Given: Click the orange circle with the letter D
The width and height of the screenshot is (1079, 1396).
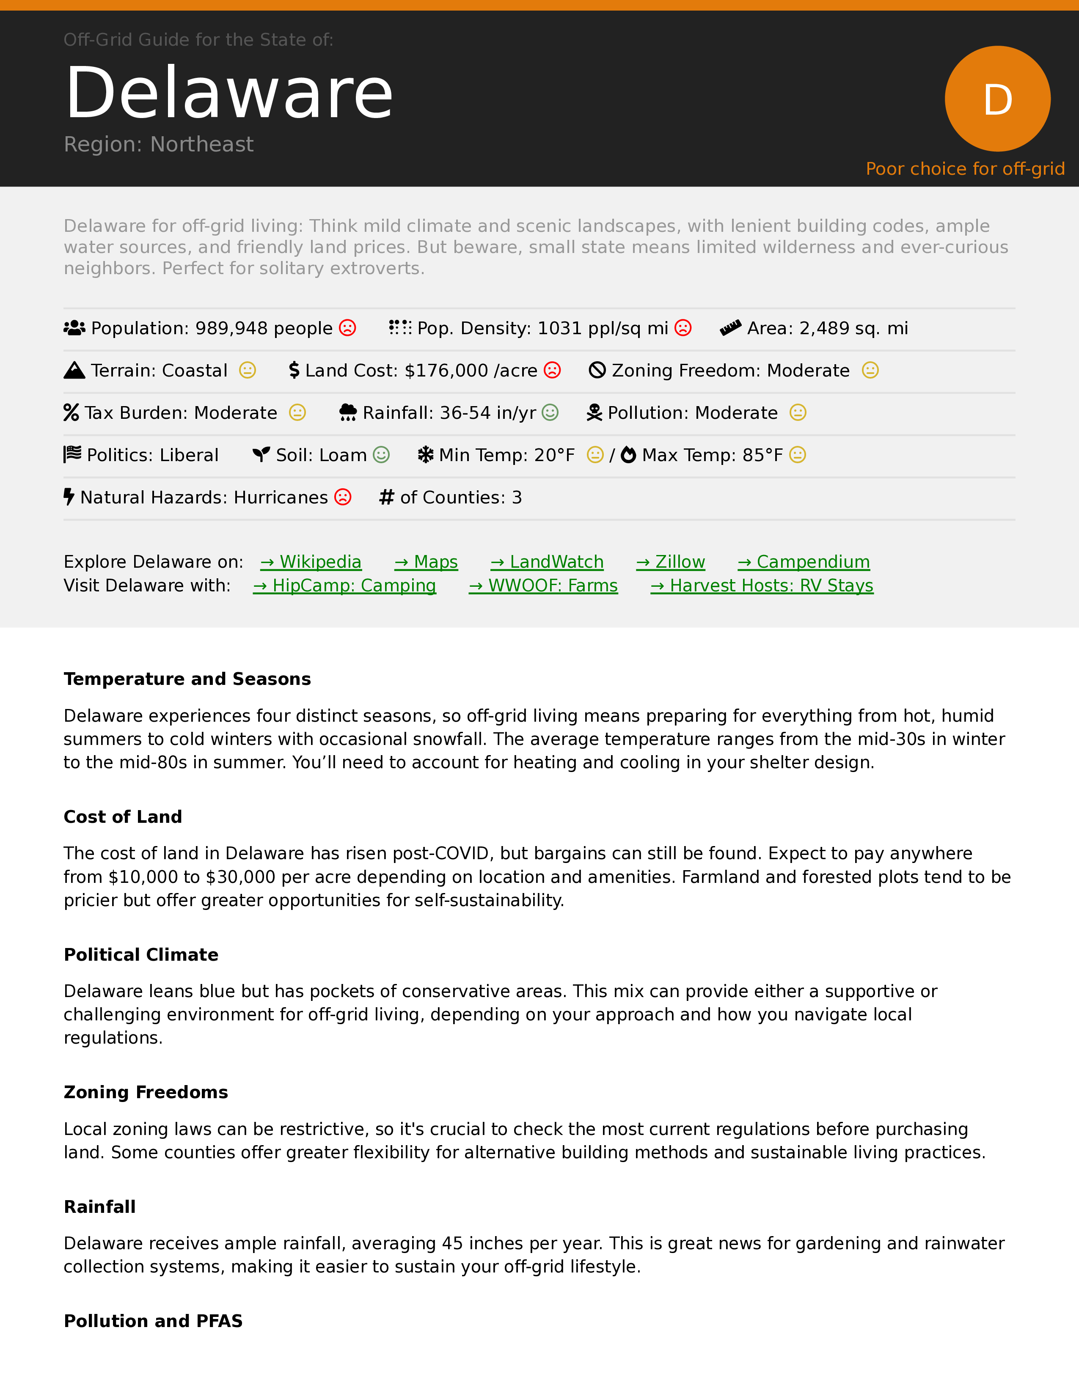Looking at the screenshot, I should (997, 99).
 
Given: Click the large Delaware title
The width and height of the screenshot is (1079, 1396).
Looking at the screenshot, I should (229, 93).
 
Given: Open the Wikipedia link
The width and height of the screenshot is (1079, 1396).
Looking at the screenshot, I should (311, 562).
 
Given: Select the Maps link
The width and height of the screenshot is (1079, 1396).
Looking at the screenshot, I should (427, 562).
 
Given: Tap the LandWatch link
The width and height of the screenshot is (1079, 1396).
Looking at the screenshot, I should (547, 562).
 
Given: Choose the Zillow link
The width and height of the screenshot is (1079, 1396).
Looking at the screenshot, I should (671, 562).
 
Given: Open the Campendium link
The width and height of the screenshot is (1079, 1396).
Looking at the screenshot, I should (804, 562).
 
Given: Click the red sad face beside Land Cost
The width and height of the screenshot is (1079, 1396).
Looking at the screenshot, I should (552, 370).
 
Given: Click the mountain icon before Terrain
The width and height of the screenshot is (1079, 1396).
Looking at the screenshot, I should (74, 370).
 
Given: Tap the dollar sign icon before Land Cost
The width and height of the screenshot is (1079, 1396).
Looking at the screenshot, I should (294, 370).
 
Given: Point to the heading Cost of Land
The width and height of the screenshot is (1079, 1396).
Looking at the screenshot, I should (123, 817).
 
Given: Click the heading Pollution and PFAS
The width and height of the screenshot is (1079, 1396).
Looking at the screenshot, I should (154, 1321).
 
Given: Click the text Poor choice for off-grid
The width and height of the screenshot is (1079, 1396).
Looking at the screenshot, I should (965, 169).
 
